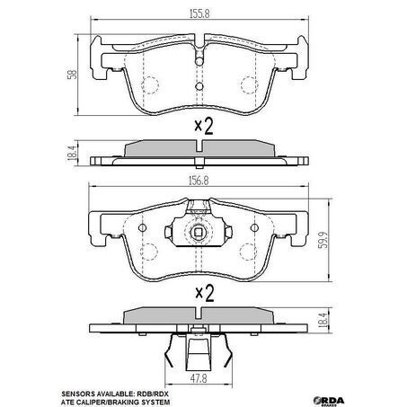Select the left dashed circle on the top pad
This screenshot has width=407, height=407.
click(x=149, y=85)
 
